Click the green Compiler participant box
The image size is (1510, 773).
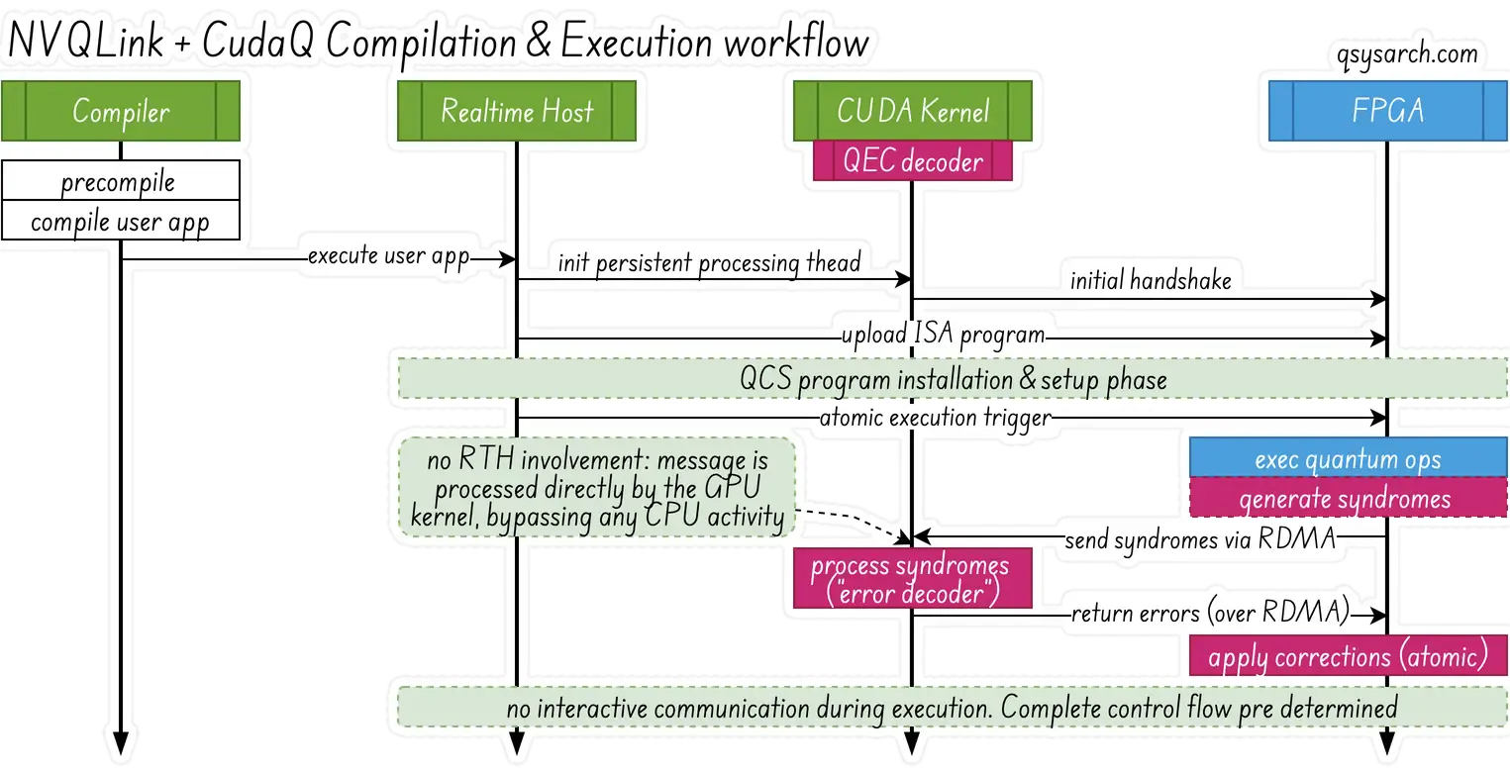click(121, 111)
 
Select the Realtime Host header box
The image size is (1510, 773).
click(516, 111)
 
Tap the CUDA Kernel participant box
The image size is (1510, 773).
click(912, 111)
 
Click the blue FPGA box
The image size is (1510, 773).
click(1387, 111)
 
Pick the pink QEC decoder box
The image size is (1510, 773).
click(912, 160)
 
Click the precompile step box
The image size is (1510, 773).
click(119, 182)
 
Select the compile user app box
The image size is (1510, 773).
click(120, 221)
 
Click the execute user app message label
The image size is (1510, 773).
click(388, 256)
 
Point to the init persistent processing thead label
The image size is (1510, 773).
click(709, 263)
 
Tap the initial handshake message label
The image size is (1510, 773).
click(1151, 280)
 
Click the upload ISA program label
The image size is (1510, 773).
click(944, 335)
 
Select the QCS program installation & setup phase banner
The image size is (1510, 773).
click(953, 379)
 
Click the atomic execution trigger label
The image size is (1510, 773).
click(935, 419)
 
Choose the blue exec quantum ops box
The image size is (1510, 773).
click(1347, 460)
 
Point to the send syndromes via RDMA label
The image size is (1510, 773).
click(1200, 540)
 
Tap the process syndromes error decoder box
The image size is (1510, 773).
click(910, 580)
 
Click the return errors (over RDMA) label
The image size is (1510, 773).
click(1210, 614)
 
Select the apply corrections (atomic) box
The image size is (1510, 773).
click(1347, 657)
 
